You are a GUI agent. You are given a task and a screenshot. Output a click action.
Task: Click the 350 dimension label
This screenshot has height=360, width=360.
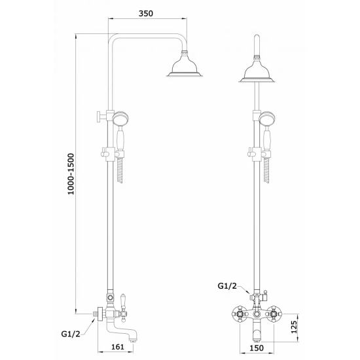(146, 13)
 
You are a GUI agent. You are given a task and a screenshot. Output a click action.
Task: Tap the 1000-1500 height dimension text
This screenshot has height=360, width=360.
(71, 174)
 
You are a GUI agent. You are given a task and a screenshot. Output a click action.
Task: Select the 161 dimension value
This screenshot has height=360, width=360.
(118, 347)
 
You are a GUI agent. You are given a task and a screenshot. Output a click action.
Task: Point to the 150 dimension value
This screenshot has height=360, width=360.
(256, 348)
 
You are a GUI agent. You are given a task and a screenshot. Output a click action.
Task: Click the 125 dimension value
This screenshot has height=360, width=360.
(294, 327)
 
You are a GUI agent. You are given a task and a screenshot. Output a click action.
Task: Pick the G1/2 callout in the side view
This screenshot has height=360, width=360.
(71, 334)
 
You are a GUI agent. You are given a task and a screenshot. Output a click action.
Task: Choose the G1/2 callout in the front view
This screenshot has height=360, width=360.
(227, 286)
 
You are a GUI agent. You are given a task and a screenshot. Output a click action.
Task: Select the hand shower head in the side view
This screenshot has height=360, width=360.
(120, 118)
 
